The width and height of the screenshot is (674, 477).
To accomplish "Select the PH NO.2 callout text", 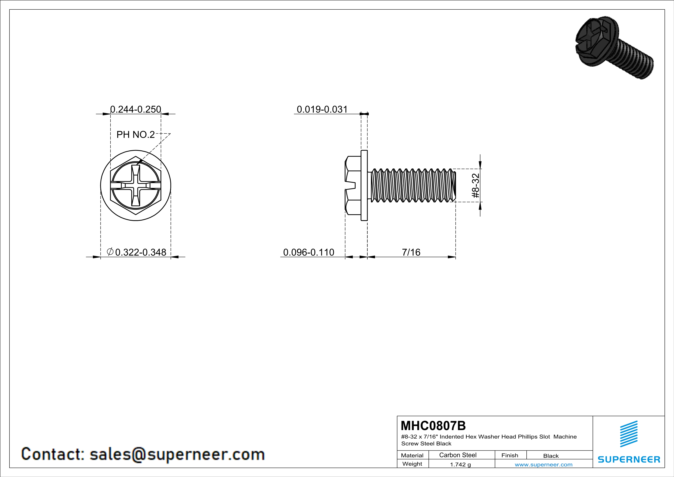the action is pos(136,134).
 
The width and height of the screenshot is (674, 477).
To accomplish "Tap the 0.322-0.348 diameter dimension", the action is pos(136,252).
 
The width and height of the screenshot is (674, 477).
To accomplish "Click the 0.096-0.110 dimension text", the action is pos(308,252).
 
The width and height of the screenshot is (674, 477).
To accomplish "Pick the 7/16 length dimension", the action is pos(411,252).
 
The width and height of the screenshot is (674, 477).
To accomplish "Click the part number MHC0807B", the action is pos(433,426).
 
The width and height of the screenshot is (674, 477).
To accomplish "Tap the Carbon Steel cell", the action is pos(458,455).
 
